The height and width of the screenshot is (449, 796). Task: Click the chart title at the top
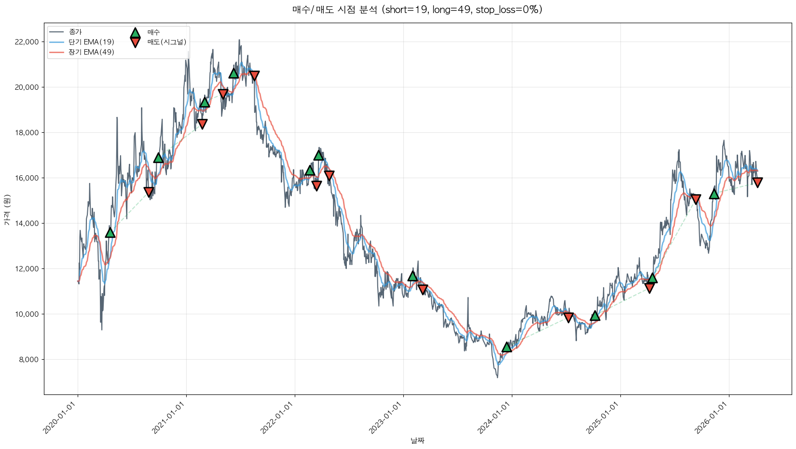[x=417, y=10]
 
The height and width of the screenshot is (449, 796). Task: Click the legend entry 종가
[x=75, y=32]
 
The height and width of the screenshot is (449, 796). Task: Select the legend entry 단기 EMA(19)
[x=91, y=42]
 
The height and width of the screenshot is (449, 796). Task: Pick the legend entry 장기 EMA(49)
[x=91, y=52]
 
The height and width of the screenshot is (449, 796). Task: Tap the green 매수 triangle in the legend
[x=135, y=33]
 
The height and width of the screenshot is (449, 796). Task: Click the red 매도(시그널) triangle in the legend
[x=135, y=42]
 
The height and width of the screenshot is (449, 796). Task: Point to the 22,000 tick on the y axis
[x=27, y=42]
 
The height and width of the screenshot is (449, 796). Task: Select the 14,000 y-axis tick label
[x=27, y=224]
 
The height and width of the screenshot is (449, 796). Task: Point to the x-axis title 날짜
[x=417, y=440]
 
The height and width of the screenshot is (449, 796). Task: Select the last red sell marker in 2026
[x=757, y=182]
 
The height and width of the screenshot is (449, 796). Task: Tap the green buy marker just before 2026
[x=714, y=194]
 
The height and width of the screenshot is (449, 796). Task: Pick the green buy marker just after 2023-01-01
[x=412, y=276]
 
